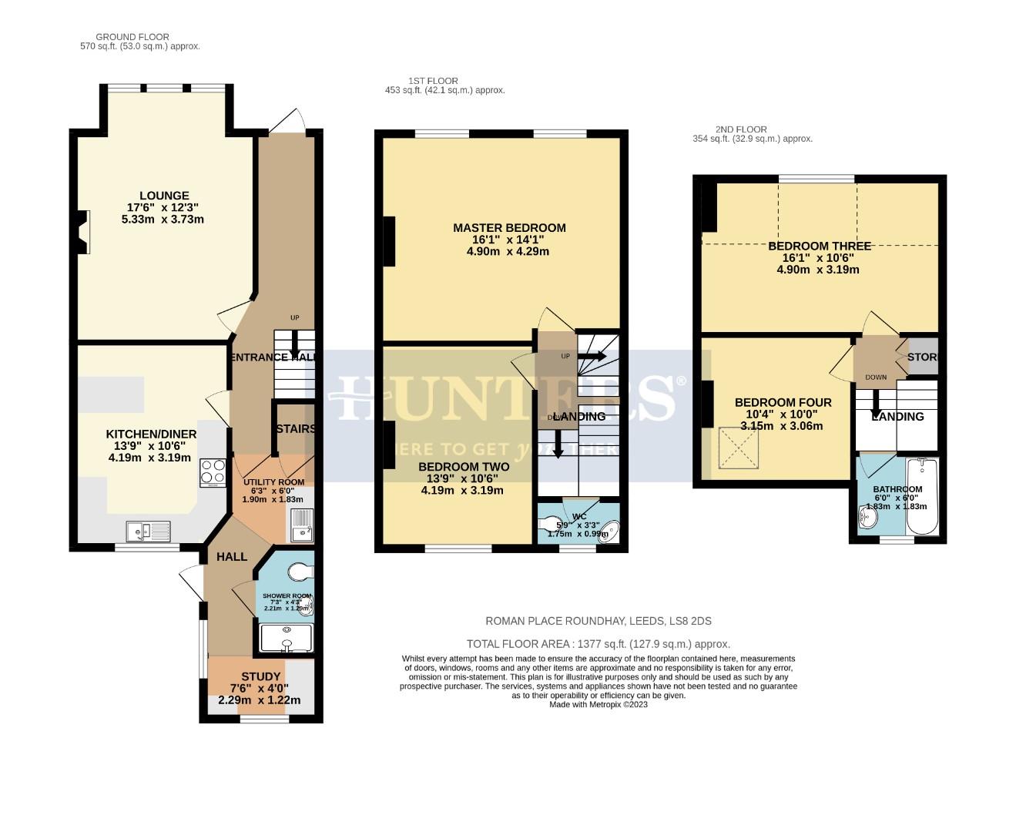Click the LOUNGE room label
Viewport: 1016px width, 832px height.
[163, 196]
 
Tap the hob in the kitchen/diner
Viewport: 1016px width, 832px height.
[212, 472]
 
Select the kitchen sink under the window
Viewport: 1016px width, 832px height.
[149, 531]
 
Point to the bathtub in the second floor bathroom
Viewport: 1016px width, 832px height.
[921, 497]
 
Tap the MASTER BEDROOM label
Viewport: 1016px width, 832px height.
[509, 228]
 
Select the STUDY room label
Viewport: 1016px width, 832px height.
[260, 676]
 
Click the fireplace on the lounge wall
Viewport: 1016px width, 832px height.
[83, 232]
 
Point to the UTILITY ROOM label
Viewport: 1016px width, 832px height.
[273, 482]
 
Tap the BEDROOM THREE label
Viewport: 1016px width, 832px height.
[820, 247]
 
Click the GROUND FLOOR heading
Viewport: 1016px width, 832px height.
[132, 37]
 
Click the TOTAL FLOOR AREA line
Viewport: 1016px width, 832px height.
[598, 644]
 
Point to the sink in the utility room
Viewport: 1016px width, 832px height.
[301, 526]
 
